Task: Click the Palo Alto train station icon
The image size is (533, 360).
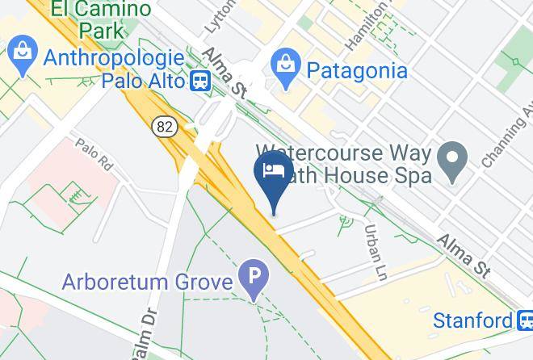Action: [x=200, y=81]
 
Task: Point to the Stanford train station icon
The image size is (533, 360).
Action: [x=524, y=320]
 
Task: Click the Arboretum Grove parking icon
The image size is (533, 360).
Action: [x=254, y=283]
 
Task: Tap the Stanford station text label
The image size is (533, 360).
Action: [x=472, y=320]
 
